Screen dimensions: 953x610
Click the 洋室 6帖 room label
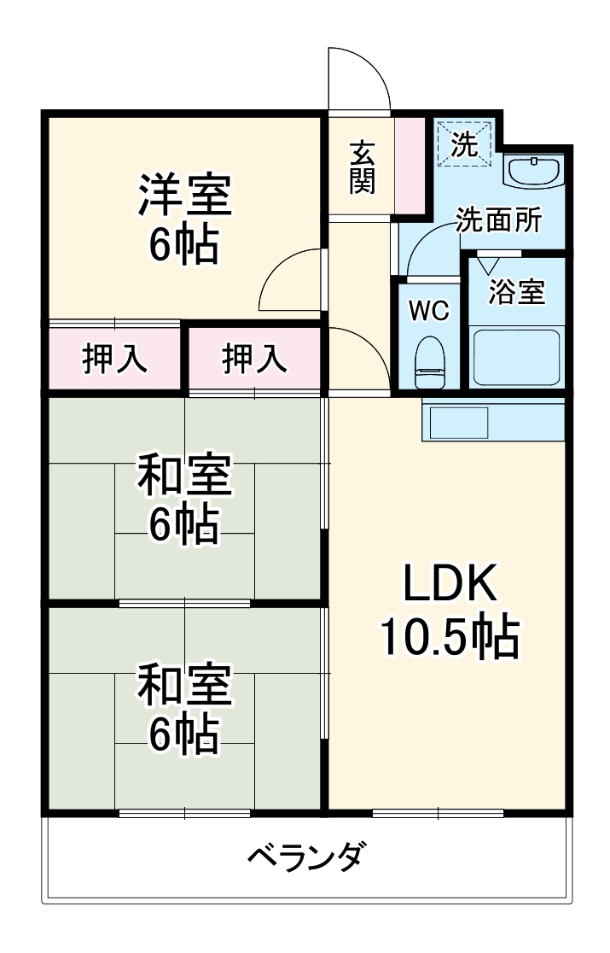click(184, 219)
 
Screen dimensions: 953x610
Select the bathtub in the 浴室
click(515, 354)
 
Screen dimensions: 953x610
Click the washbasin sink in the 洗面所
click(532, 171)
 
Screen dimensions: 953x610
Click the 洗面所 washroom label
click(497, 221)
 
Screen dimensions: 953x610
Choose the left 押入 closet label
click(115, 359)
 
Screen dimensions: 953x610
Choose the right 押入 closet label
click(255, 359)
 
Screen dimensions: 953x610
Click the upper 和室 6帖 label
click(184, 500)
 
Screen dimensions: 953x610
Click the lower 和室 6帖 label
click(184, 710)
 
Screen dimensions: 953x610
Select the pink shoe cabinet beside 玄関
click(410, 165)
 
